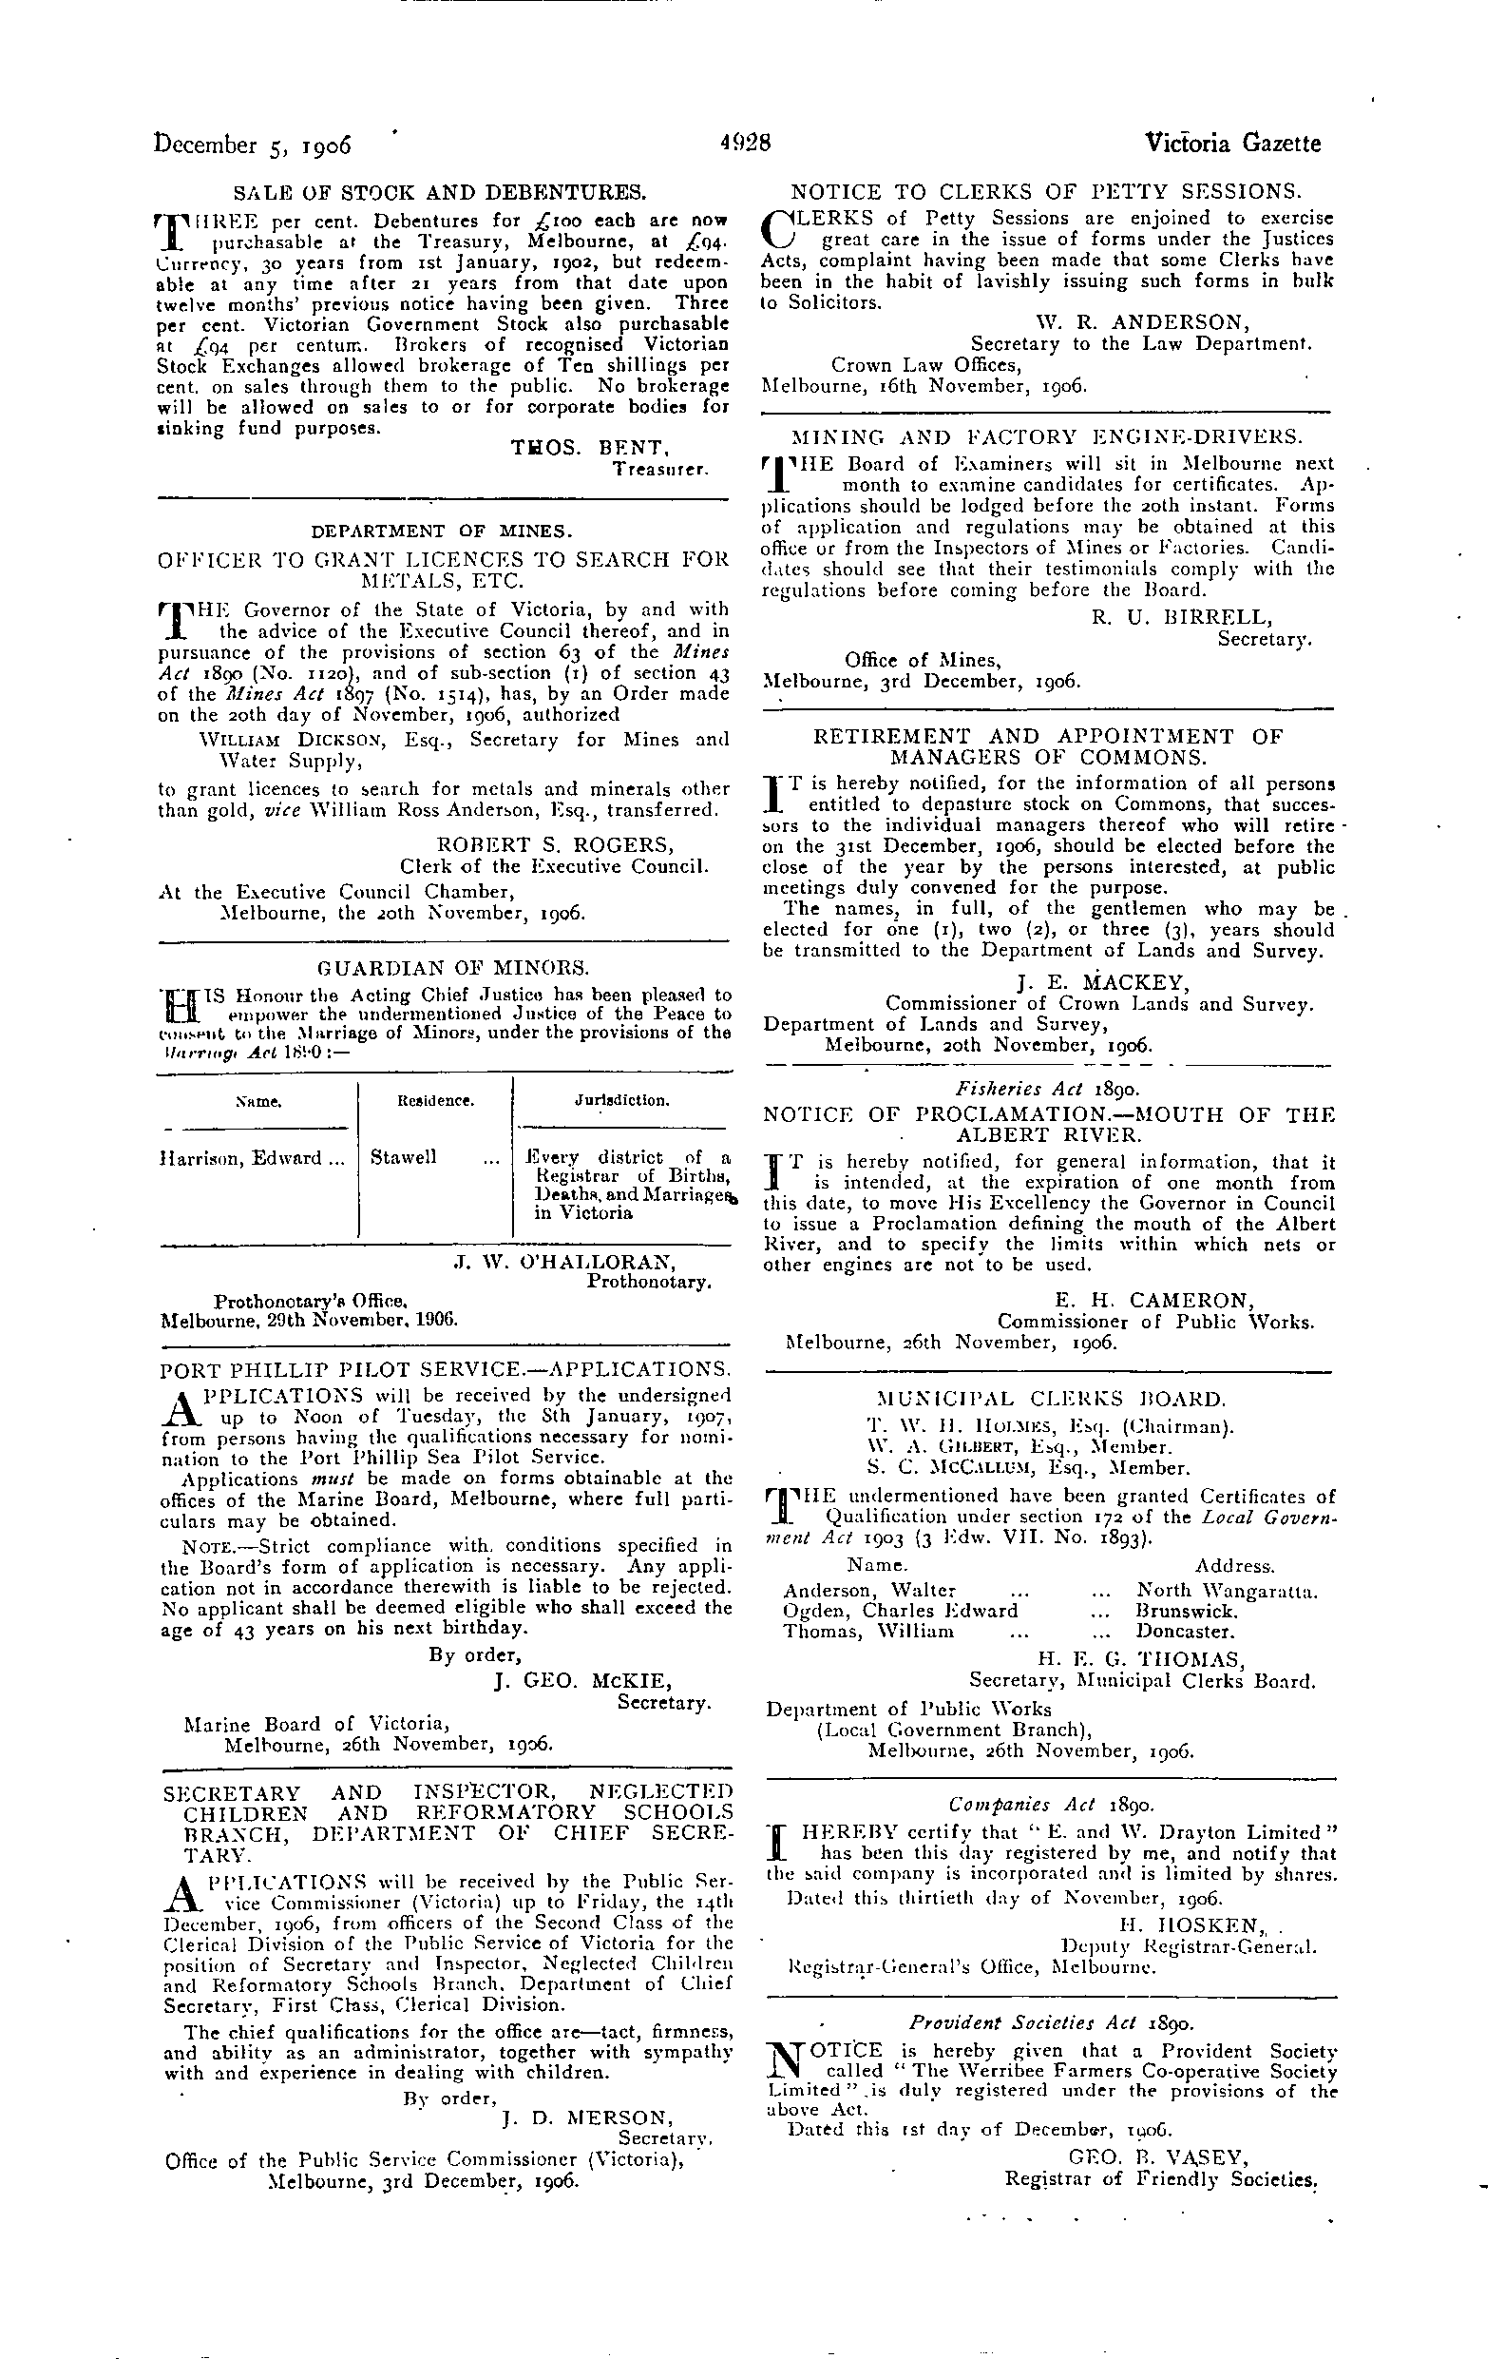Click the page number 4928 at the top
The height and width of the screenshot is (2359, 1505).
tap(745, 143)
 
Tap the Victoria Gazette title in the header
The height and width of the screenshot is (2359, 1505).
tap(1232, 143)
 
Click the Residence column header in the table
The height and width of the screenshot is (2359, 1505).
tap(436, 1101)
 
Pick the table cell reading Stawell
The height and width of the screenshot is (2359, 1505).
tap(404, 1158)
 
